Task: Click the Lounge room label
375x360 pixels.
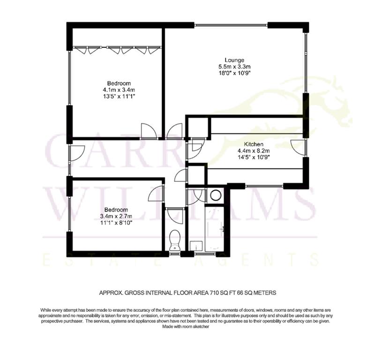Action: tap(234, 60)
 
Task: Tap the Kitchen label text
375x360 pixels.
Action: tap(254, 144)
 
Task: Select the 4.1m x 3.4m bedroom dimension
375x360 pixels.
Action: tap(119, 90)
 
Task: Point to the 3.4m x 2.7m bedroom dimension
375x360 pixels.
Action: tap(116, 217)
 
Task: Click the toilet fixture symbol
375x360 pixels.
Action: tap(175, 240)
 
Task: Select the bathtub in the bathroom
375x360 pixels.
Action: tap(214, 229)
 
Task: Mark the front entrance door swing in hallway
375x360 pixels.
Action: tap(77, 153)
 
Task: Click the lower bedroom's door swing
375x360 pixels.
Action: tap(156, 194)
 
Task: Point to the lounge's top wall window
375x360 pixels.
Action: tap(231, 25)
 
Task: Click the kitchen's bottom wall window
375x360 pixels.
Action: tap(264, 186)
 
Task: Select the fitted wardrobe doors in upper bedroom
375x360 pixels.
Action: tap(117, 50)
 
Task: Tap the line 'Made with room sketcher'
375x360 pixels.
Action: tap(186, 326)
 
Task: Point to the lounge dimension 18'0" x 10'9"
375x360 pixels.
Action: tap(234, 73)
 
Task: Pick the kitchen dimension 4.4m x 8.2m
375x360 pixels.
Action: tap(254, 151)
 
